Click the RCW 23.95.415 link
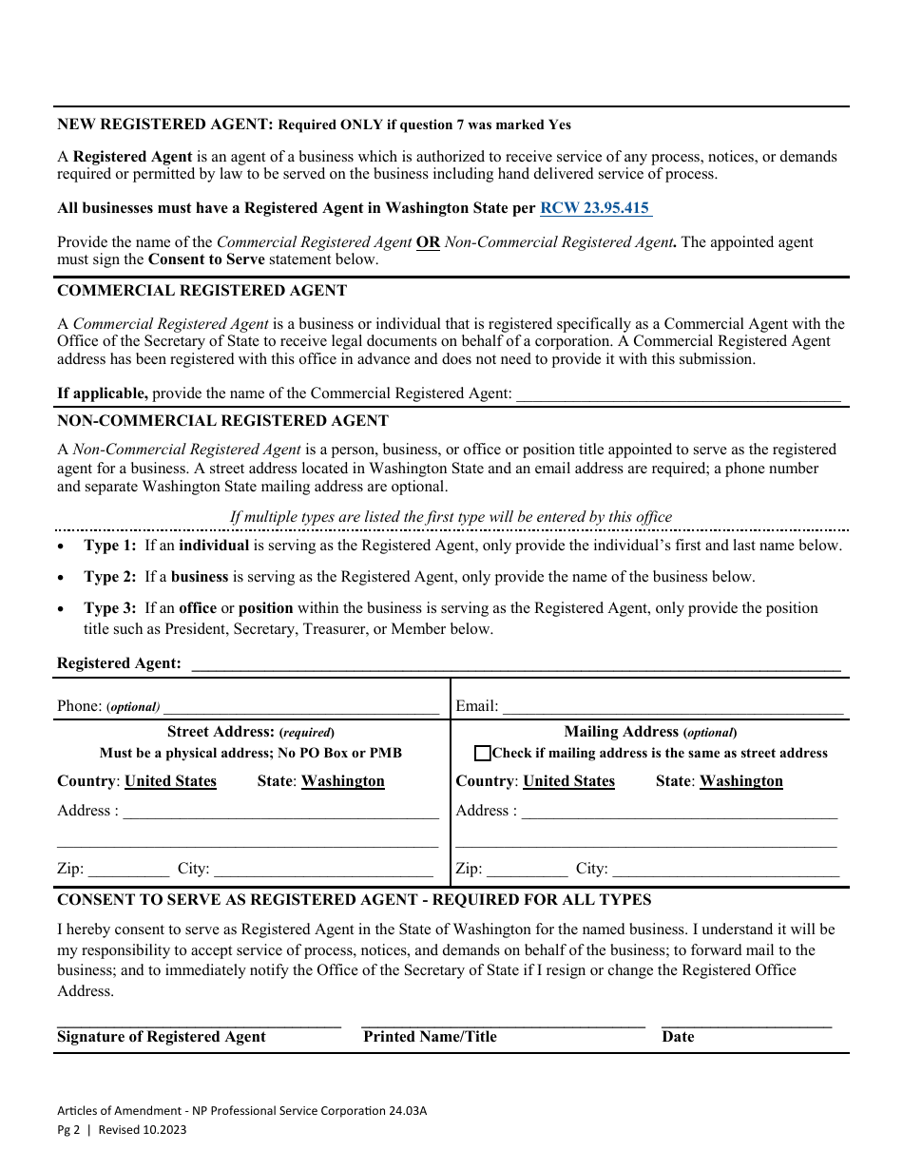(595, 208)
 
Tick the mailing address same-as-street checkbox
(483, 754)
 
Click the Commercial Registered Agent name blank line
(677, 393)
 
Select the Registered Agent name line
(515, 663)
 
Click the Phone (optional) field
(301, 706)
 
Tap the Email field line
(672, 706)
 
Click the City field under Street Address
(323, 869)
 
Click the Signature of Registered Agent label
(162, 1037)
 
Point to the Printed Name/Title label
(430, 1037)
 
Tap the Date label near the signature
(678, 1037)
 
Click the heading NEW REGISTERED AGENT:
(165, 125)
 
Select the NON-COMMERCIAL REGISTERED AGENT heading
(222, 420)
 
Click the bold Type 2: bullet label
(110, 577)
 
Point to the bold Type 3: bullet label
(110, 608)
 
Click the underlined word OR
(429, 242)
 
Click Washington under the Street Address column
(342, 781)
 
